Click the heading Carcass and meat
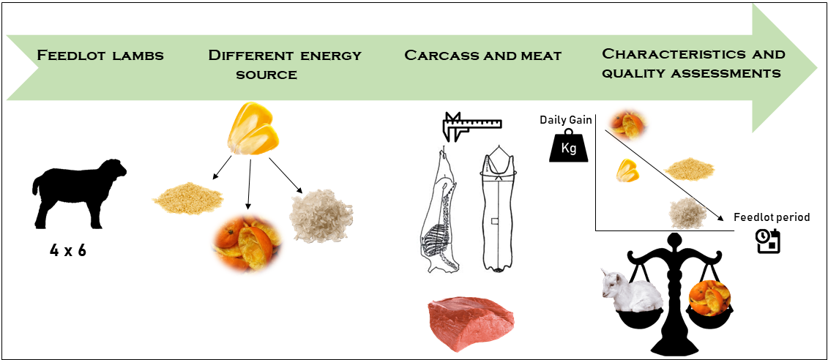click(482, 56)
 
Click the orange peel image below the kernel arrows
click(244, 243)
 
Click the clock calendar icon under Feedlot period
click(767, 241)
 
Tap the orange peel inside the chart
click(628, 126)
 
